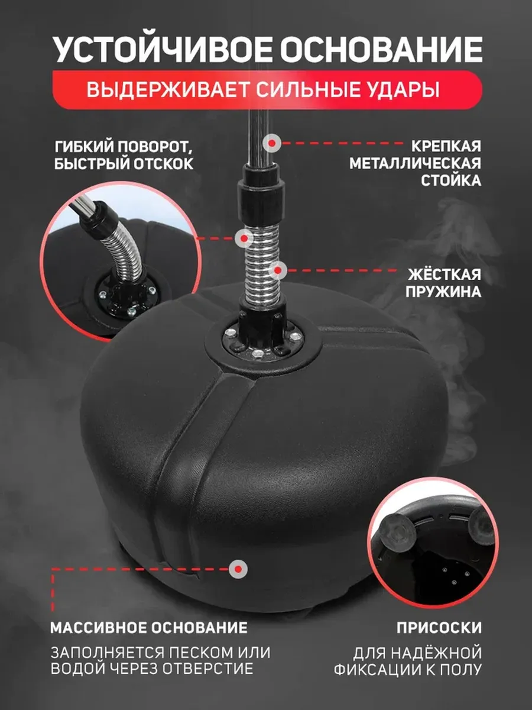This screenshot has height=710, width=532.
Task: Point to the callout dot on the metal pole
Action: [x=272, y=143]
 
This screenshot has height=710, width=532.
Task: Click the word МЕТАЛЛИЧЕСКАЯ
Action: [x=415, y=163]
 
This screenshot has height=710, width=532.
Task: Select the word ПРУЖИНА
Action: [x=443, y=292]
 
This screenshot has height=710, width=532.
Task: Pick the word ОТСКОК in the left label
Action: [x=164, y=164]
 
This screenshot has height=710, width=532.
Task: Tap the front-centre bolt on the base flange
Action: [x=258, y=353]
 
